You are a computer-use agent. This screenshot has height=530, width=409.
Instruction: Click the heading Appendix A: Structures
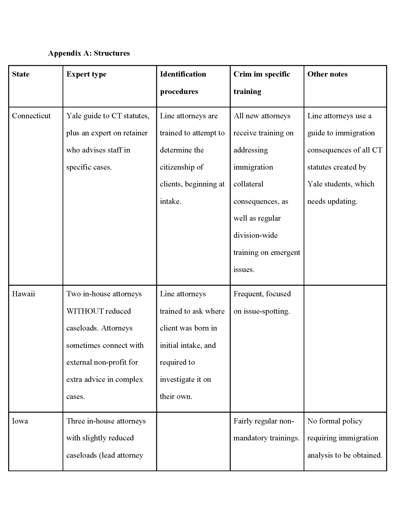[x=89, y=53]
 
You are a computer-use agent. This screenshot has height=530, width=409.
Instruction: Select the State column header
[x=21, y=74]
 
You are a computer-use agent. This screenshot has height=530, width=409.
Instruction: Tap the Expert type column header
[x=86, y=74]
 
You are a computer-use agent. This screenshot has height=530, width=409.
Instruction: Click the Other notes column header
[x=327, y=74]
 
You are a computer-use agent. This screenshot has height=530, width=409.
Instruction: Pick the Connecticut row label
[x=31, y=116]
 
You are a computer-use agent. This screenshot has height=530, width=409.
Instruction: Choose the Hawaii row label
[x=23, y=294]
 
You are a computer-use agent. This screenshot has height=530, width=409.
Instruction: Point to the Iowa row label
[x=20, y=421]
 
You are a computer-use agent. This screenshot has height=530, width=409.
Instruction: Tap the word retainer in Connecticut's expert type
[x=136, y=133]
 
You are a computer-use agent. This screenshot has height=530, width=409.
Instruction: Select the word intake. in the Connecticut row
[x=170, y=202]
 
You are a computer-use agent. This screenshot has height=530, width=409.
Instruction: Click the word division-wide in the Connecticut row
[x=255, y=235]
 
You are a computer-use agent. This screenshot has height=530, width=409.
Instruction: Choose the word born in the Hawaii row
[x=202, y=328]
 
